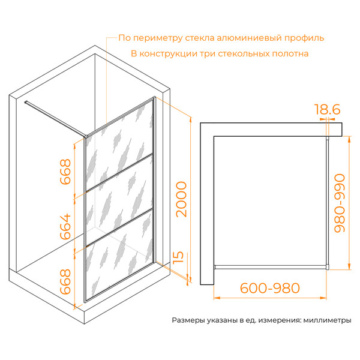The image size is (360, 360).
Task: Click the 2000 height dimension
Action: tap(181, 199)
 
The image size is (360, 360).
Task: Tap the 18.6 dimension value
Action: tap(327, 109)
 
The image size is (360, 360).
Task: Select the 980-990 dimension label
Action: tap(340, 203)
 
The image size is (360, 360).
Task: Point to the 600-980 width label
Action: tap(270, 288)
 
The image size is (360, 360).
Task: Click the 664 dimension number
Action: tap(65, 226)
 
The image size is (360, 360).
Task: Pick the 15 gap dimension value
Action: tap(178, 257)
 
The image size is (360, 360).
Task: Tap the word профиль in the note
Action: tap(304, 38)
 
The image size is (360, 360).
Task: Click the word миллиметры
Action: tap(327, 320)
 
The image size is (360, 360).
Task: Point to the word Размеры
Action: tap(188, 320)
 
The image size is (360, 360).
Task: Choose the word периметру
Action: tap(158, 38)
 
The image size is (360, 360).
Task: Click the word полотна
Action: tap(290, 54)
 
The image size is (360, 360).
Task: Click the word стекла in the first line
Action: tap(200, 38)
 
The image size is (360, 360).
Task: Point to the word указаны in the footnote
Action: tap(222, 320)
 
